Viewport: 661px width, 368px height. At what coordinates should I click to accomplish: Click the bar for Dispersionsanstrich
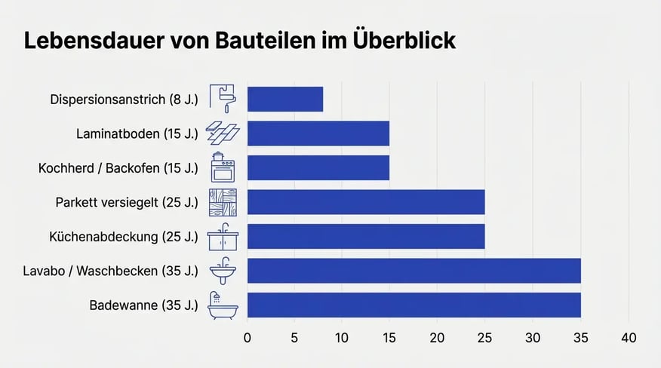[x=285, y=100]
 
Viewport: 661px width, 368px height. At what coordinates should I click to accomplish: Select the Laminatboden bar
[x=318, y=133]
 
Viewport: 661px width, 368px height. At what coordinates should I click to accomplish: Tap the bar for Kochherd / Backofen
[x=318, y=167]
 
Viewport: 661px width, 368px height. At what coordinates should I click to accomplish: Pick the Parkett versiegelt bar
[x=365, y=202]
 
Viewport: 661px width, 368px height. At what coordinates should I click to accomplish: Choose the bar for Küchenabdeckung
[x=365, y=236]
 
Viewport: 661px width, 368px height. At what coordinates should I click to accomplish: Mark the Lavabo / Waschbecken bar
[x=414, y=271]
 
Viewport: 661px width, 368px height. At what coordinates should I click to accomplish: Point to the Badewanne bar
[x=414, y=305]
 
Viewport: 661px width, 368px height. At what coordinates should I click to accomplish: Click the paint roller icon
[x=223, y=99]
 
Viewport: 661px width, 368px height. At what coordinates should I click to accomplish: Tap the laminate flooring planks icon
[x=223, y=133]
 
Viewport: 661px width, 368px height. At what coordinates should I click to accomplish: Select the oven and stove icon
[x=223, y=167]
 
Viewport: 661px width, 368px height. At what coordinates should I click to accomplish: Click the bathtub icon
[x=223, y=305]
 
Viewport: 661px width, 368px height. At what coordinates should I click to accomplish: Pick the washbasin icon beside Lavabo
[x=223, y=271]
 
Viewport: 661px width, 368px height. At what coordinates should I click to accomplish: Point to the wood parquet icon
[x=223, y=202]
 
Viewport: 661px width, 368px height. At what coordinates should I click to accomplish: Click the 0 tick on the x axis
[x=247, y=337]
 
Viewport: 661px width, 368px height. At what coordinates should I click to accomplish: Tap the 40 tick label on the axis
[x=628, y=337]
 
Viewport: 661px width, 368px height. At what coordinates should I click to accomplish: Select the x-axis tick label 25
[x=484, y=337]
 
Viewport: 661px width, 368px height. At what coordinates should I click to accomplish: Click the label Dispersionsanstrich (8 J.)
[x=124, y=100]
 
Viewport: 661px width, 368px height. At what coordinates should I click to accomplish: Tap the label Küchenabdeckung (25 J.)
[x=124, y=237]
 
